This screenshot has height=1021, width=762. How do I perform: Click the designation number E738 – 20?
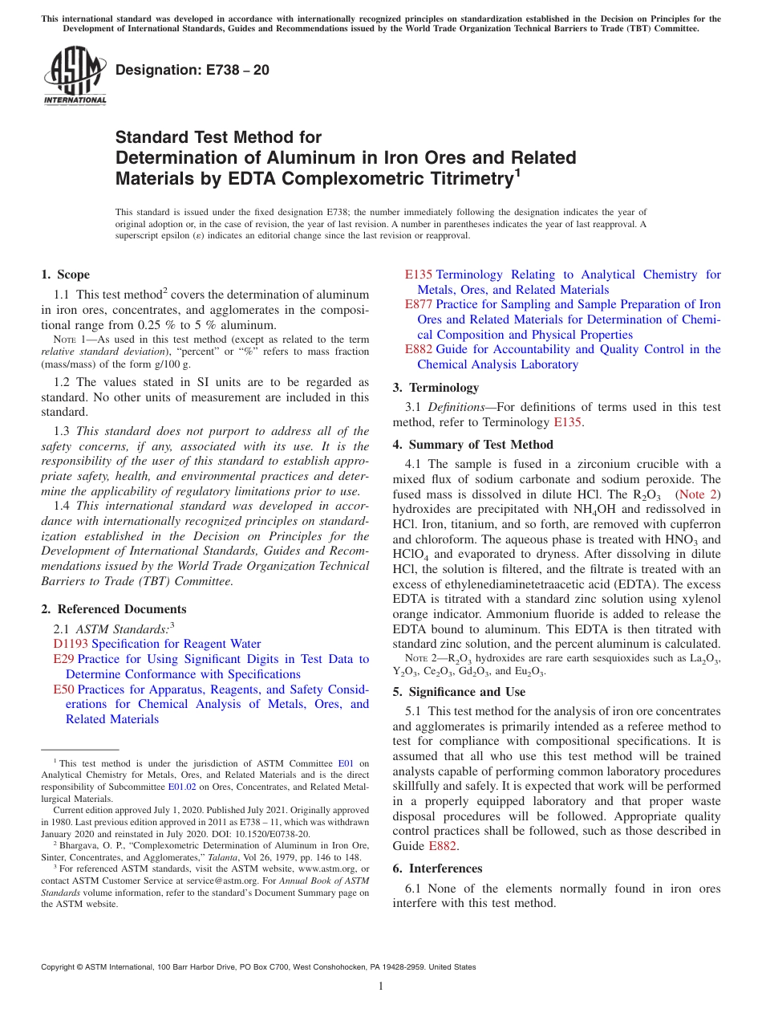(193, 71)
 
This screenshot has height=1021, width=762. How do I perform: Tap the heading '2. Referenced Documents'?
(114, 609)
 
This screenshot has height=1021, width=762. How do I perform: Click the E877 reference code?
(419, 304)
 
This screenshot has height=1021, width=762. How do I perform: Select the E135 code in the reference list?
(419, 275)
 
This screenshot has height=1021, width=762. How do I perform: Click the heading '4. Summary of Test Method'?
(472, 445)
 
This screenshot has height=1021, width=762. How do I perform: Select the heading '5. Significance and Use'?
(459, 692)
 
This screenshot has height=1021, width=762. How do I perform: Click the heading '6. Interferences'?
(437, 868)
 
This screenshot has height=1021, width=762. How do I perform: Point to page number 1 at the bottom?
(381, 986)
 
